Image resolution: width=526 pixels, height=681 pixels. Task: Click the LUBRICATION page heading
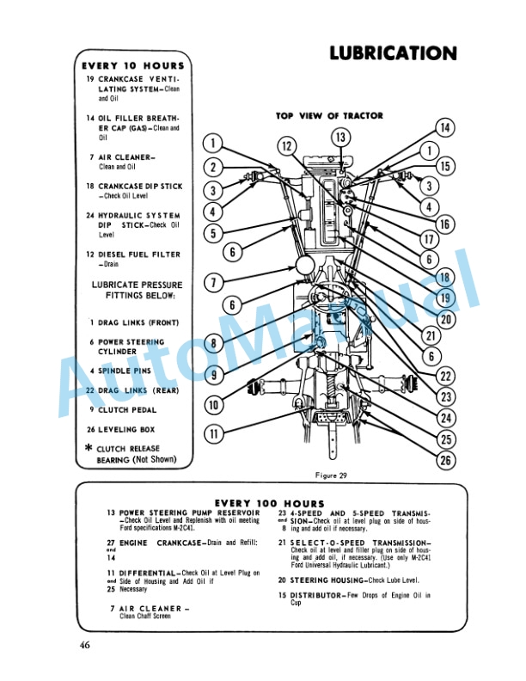(x=393, y=53)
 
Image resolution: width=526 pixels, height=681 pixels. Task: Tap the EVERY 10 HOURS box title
(x=133, y=65)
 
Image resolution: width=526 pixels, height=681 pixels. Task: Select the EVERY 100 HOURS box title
(x=269, y=503)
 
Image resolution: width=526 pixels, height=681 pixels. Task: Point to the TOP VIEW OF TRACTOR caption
(x=329, y=115)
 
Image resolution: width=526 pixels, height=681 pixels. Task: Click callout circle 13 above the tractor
(x=340, y=138)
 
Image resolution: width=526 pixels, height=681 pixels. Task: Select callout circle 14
(x=443, y=128)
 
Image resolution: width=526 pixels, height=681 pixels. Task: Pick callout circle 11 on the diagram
(x=213, y=433)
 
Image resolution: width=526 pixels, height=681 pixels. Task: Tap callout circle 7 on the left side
(x=214, y=281)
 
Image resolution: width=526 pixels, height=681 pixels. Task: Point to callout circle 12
(x=287, y=147)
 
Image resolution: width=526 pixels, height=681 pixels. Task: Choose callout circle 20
(x=443, y=317)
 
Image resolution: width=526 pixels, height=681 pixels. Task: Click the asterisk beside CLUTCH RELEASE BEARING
(x=89, y=448)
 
